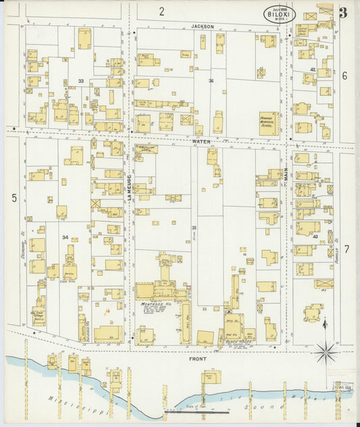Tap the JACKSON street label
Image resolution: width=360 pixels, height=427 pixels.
203,26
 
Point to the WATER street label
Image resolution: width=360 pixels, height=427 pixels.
201,141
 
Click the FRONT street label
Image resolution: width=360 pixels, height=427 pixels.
198,359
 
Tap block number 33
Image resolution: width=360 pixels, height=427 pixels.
81,81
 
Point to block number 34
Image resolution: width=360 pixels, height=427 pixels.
66,237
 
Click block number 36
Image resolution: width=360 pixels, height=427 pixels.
211,81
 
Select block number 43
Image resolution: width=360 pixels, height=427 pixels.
315,236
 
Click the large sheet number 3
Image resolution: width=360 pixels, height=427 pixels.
343,12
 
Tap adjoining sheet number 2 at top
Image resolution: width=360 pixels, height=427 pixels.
162,11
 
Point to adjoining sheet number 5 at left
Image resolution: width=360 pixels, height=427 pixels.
14,198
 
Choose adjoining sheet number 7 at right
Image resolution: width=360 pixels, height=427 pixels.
346,249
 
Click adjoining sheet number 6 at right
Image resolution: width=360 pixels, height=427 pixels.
344,76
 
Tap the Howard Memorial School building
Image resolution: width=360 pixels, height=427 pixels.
269,120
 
